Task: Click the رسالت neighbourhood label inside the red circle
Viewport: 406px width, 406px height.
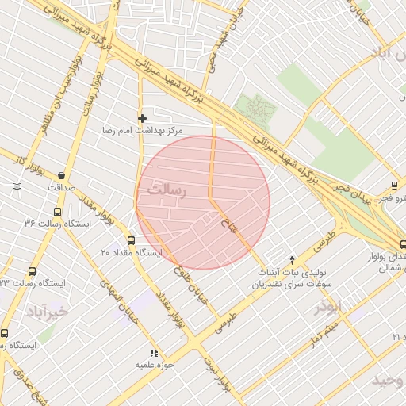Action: point(167,190)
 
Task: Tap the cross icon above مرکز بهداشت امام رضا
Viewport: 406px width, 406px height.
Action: point(142,118)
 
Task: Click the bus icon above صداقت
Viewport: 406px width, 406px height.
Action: point(62,176)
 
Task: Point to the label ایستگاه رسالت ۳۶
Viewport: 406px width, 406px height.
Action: point(57,224)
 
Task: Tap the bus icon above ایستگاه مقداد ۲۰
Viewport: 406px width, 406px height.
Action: point(131,241)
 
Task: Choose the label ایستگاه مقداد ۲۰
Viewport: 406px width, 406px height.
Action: point(131,252)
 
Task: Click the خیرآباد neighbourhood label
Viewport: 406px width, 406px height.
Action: point(47,312)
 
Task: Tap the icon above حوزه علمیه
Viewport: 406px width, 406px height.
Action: point(153,353)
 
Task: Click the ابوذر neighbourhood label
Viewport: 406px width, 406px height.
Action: point(327,307)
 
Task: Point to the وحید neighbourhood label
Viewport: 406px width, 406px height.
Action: point(389,381)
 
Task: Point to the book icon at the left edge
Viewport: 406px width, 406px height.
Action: point(17,187)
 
